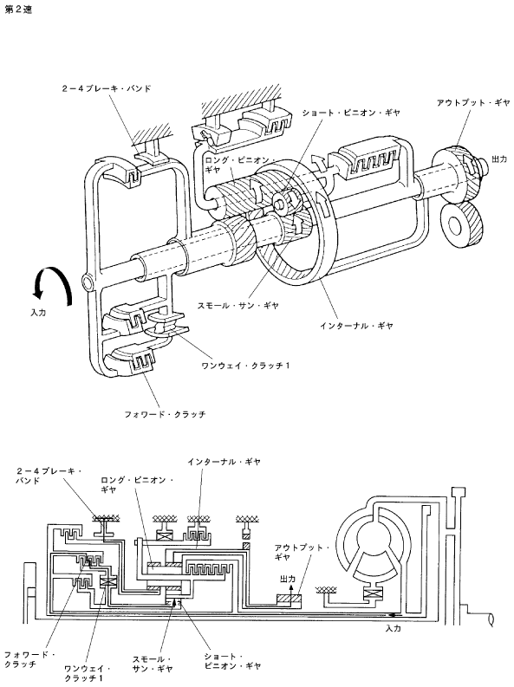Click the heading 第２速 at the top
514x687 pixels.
(18, 10)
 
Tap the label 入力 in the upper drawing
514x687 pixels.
(38, 313)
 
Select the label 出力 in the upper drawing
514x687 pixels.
(499, 159)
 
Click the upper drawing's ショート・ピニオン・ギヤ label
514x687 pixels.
(351, 113)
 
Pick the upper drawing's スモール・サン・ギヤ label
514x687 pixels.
(238, 306)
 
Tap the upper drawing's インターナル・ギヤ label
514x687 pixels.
(355, 326)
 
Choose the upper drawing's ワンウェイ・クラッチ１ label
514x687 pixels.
(245, 365)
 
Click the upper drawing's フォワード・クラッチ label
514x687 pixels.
(165, 413)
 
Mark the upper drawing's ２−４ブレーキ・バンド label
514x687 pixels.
(107, 88)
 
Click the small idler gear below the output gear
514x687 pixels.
(460, 225)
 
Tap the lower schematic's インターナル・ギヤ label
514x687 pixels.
(224, 462)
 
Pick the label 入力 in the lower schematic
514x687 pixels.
(393, 628)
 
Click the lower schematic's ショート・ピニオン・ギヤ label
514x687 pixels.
(232, 662)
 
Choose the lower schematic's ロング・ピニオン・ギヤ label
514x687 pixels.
(137, 485)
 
